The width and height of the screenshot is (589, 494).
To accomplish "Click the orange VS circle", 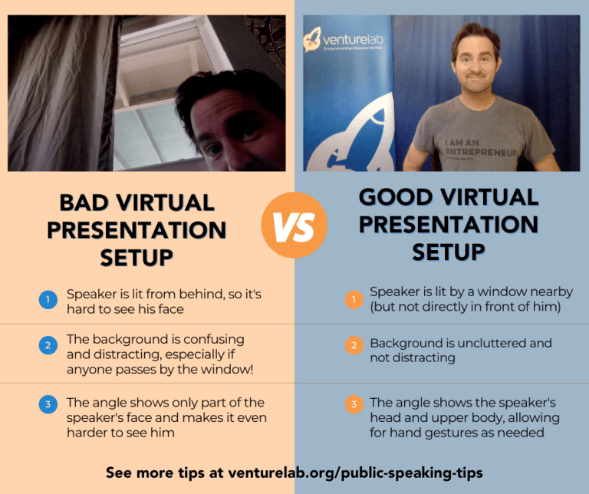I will [x=294, y=225].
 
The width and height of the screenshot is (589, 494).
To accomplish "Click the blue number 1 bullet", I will [x=48, y=301].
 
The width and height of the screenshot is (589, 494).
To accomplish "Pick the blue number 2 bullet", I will [x=48, y=346].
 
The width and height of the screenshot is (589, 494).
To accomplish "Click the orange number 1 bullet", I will [x=354, y=299].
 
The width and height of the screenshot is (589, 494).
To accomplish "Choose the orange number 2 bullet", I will [x=354, y=345].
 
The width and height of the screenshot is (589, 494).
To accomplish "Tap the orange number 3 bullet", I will [x=354, y=403].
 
